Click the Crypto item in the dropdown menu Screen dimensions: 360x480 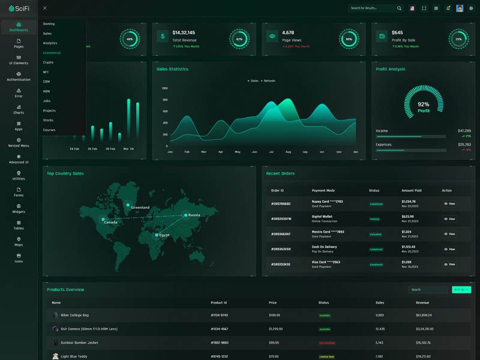(48, 62)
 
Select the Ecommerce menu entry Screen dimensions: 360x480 (52, 53)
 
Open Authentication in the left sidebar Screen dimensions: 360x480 (19, 76)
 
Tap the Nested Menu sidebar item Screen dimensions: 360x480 (19, 142)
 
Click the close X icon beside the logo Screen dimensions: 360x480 (45, 8)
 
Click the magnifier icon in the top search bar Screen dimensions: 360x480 (399, 8)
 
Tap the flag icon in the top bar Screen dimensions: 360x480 (412, 8)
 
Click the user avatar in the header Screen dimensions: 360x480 (460, 8)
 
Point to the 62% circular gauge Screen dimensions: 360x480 (239, 39)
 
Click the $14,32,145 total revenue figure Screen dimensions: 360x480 (184, 32)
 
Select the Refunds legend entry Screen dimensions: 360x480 (268, 80)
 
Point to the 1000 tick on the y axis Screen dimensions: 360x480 (164, 88)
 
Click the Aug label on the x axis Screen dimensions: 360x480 (288, 152)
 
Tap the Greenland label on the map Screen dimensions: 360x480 (140, 208)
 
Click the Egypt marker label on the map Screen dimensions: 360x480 (164, 235)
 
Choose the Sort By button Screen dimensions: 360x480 (461, 290)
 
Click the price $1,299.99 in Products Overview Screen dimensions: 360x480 (275, 329)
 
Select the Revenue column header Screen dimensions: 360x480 (422, 303)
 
